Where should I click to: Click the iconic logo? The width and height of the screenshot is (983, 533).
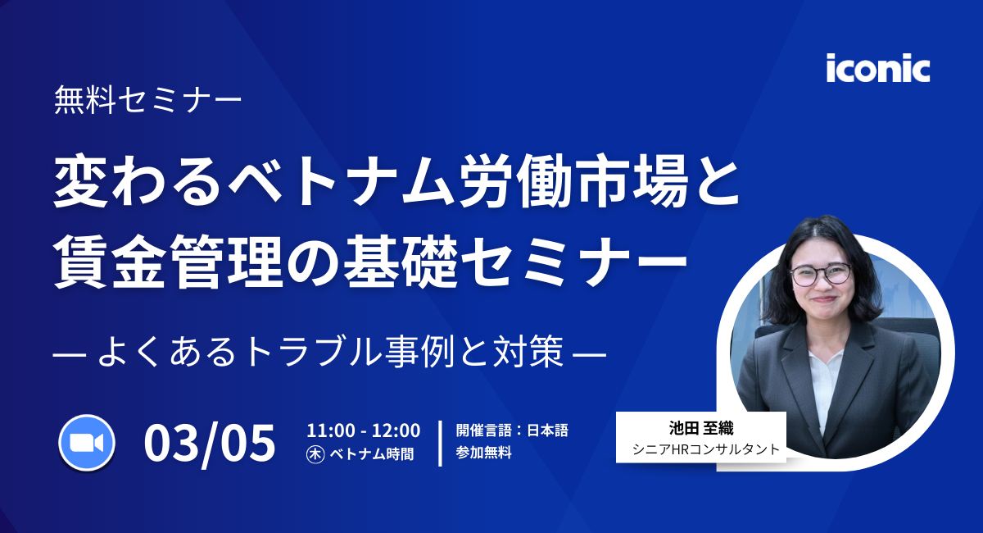click(878, 68)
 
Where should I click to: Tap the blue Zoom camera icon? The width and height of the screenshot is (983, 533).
click(86, 443)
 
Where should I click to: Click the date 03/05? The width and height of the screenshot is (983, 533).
click(210, 443)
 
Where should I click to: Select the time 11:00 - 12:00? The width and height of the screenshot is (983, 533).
click(363, 430)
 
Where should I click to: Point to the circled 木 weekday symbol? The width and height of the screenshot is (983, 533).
click(315, 453)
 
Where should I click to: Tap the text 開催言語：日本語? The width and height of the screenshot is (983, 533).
click(512, 430)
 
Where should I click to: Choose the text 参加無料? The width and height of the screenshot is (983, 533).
click(484, 453)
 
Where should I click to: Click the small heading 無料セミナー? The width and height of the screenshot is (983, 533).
click(147, 101)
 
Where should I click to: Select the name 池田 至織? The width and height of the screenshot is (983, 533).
click(700, 429)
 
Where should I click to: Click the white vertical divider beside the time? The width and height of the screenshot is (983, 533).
click(441, 443)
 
